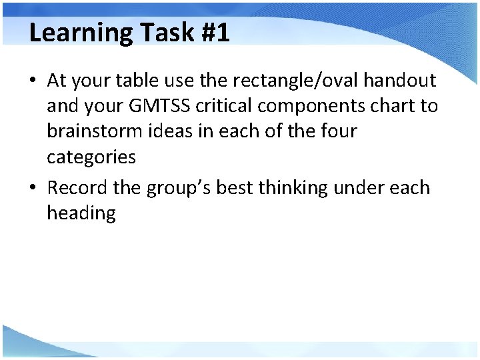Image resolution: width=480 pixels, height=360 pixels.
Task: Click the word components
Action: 319,107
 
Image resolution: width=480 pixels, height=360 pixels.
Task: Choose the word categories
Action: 91,157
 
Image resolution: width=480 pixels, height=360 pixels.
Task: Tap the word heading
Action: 81,214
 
